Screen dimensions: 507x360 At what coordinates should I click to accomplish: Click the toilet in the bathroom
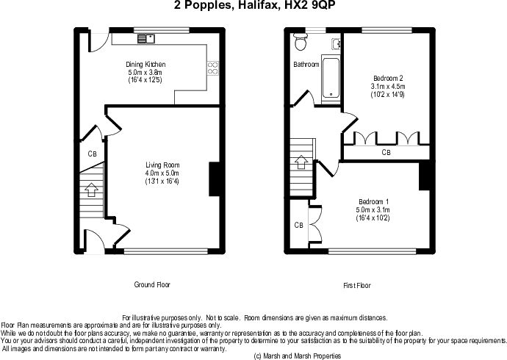point(301,42)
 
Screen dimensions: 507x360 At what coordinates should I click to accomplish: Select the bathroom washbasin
point(337,44)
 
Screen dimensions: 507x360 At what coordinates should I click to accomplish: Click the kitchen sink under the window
point(146,39)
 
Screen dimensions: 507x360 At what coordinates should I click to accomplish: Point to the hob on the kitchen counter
point(213,68)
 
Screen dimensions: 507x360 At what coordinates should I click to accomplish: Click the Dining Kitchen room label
point(145,65)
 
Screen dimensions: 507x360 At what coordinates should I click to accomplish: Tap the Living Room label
point(162,165)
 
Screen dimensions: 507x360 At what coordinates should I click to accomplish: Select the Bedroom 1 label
point(373,201)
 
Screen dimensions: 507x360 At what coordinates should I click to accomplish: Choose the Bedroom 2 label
point(388,78)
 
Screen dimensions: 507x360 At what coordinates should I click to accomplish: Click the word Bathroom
point(306,65)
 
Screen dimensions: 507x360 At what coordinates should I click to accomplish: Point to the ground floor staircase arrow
point(92,190)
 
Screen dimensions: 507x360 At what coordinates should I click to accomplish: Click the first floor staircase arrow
point(301,162)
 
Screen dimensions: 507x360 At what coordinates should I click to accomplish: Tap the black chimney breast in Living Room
point(215,179)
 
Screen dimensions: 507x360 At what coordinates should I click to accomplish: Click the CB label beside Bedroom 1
point(299,225)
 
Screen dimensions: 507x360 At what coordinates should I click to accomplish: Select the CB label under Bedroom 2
point(386,152)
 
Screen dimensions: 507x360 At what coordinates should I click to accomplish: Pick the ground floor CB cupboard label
point(92,154)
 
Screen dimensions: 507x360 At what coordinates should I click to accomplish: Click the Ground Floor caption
point(152,285)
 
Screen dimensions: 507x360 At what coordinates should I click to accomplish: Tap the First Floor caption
point(357,285)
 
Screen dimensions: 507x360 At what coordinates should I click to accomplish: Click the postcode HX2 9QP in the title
point(307,5)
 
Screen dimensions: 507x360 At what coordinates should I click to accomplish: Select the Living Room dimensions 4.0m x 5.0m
point(162,173)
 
